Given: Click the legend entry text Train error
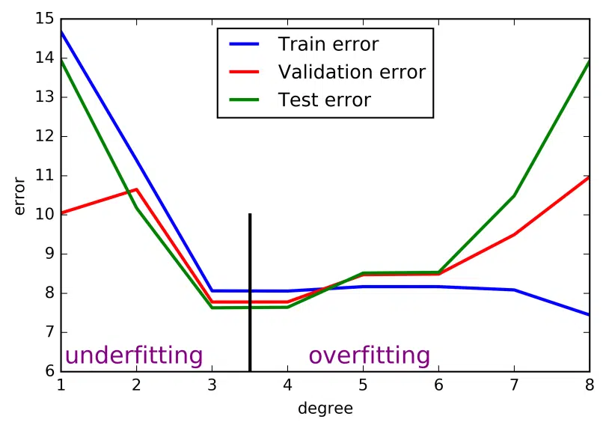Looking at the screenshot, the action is tap(328, 44).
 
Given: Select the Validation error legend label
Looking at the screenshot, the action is tap(352, 72).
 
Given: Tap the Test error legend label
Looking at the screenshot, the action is tap(324, 100).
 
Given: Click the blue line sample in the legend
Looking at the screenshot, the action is tap(244, 44).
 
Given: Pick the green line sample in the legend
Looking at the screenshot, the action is tap(244, 100).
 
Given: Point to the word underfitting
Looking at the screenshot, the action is tap(134, 355).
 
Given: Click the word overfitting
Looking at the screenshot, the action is tap(369, 355).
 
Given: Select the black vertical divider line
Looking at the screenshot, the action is tap(250, 293).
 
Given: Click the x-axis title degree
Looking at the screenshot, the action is tap(325, 409).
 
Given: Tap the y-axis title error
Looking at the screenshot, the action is tap(19, 195).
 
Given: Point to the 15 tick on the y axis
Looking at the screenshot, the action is tap(45, 19).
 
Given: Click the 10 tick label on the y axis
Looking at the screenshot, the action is tap(45, 214).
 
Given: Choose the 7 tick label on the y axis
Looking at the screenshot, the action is tap(50, 331).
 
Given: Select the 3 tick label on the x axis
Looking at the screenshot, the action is tap(212, 385).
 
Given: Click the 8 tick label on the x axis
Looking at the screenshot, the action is tap(590, 385).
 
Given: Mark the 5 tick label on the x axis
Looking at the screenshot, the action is tap(363, 385).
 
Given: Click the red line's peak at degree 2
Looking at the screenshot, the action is tap(136, 189).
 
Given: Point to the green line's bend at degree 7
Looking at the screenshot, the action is tap(514, 195).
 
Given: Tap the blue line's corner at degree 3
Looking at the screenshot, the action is tap(212, 290).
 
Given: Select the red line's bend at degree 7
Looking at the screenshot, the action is tap(514, 235).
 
